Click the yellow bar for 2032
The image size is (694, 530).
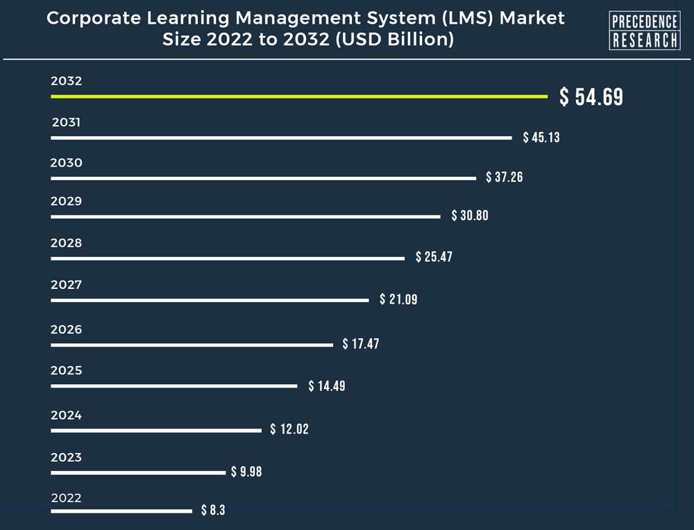coord(298,97)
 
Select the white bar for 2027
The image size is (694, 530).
coord(210,300)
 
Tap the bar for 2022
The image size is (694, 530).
coord(121,511)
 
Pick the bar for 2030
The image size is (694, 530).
coord(263,178)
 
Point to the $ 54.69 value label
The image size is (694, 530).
coord(591,97)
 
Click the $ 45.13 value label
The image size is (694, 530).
coord(541,138)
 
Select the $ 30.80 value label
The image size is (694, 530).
coord(470,215)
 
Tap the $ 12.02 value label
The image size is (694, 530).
coord(289,429)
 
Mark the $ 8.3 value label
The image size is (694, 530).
coord(213,511)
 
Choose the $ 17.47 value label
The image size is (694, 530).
coord(361,344)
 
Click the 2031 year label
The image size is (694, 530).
coord(67,123)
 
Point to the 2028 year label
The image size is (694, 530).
coord(66,243)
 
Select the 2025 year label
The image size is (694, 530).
coord(66,370)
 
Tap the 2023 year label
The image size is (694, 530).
coord(66,457)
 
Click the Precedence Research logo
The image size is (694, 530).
coord(644,31)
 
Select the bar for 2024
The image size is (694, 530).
coord(156,430)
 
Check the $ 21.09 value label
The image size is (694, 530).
coord(398,299)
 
